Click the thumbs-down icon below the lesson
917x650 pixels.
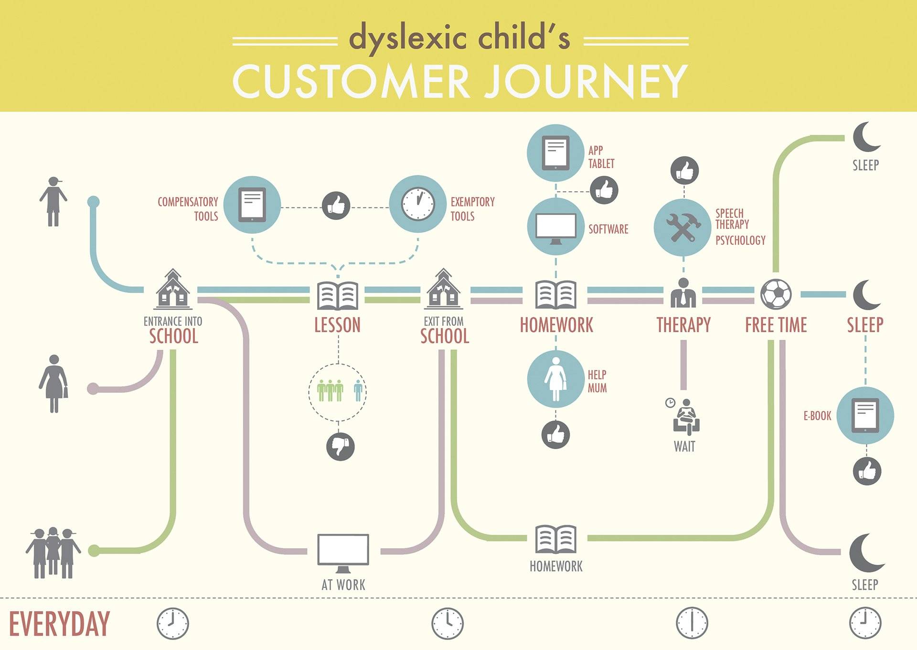click(x=340, y=446)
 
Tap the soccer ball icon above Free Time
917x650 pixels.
click(x=776, y=294)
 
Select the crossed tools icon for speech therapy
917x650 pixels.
click(x=682, y=227)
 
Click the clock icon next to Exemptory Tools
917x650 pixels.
click(x=418, y=204)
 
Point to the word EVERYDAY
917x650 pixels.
click(x=59, y=624)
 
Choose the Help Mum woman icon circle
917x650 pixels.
click(x=555, y=379)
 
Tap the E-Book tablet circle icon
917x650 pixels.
click(x=865, y=415)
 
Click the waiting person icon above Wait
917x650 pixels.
click(x=686, y=417)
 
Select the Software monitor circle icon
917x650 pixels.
click(x=555, y=227)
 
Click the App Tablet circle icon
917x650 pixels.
click(x=555, y=153)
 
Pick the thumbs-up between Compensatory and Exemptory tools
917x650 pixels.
click(x=336, y=206)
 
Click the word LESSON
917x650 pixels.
click(x=337, y=325)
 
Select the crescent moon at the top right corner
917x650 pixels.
click(x=866, y=137)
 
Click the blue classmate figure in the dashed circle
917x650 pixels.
click(x=358, y=390)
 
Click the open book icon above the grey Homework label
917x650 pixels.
click(x=556, y=539)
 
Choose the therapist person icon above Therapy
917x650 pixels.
click(x=683, y=292)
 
